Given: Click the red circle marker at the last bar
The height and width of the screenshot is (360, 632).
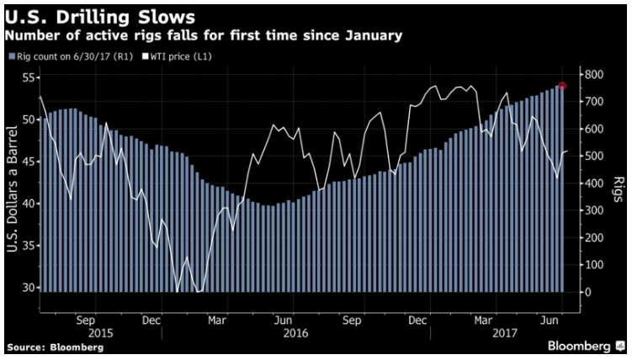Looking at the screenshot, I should pyautogui.click(x=562, y=86).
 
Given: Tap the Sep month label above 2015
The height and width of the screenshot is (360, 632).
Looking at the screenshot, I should pyautogui.click(x=85, y=320).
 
